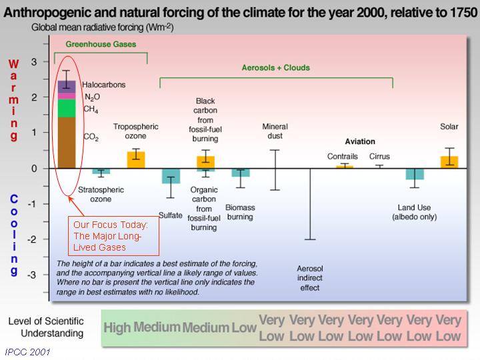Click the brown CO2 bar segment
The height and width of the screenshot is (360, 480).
pyautogui.click(x=67, y=143)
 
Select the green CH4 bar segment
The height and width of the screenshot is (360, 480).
pyautogui.click(x=67, y=108)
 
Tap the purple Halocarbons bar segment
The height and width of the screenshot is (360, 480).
pyautogui.click(x=67, y=87)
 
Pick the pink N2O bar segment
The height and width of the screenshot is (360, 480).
pyautogui.click(x=67, y=96)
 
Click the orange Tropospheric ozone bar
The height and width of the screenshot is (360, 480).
pyautogui.click(x=136, y=160)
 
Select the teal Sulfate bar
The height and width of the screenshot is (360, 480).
pyautogui.click(x=171, y=176)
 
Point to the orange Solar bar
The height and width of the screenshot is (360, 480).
pyautogui.click(x=449, y=162)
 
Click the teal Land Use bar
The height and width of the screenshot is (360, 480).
pyautogui.click(x=415, y=174)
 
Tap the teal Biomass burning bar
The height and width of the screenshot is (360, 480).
pyautogui.click(x=241, y=173)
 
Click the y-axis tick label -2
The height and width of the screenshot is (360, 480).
pyautogui.click(x=31, y=239)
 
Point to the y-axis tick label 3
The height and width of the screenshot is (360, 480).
pyautogui.click(x=34, y=62)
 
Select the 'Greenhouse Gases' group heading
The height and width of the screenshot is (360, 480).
pyautogui.click(x=101, y=44)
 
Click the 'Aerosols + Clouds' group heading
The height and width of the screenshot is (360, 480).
pyautogui.click(x=276, y=67)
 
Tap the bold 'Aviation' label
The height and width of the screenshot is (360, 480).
pyautogui.click(x=360, y=141)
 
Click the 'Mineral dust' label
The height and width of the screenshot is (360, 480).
pyautogui.click(x=275, y=131)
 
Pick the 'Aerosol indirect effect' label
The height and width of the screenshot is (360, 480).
pyautogui.click(x=310, y=278)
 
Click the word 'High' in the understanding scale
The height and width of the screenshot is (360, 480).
pyautogui.click(x=117, y=327)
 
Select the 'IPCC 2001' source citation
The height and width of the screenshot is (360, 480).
pyautogui.click(x=27, y=352)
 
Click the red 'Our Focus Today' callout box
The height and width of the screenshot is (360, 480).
pyautogui.click(x=113, y=236)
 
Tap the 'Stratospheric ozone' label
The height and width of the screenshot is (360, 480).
pyautogui.click(x=101, y=195)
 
